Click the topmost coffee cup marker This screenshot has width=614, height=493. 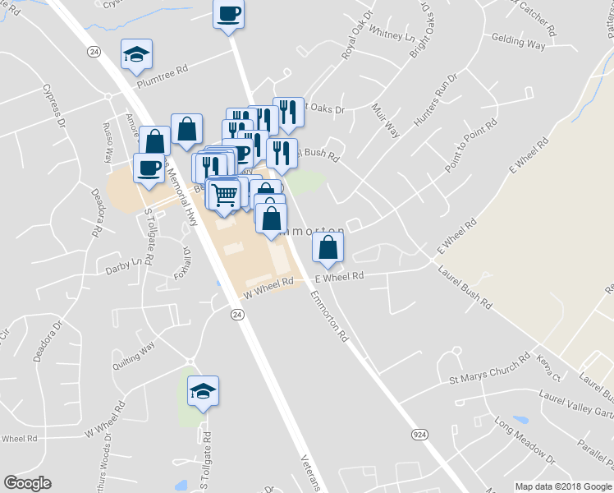click(229, 14)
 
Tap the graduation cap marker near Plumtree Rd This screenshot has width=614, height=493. click(136, 55)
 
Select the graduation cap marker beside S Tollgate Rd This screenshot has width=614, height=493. click(203, 391)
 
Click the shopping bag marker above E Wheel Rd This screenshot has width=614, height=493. click(328, 246)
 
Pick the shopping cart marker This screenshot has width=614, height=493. click(223, 194)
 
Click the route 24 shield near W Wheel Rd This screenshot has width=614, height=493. click(236, 315)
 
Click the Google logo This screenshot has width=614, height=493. click(27, 483)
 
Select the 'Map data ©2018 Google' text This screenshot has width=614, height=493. click(563, 486)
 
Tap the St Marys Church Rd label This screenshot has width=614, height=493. click(490, 371)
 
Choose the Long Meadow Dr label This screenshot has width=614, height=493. click(525, 440)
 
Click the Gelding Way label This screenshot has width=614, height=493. click(518, 42)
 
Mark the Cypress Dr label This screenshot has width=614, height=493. click(58, 105)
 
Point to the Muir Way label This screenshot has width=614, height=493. click(385, 120)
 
